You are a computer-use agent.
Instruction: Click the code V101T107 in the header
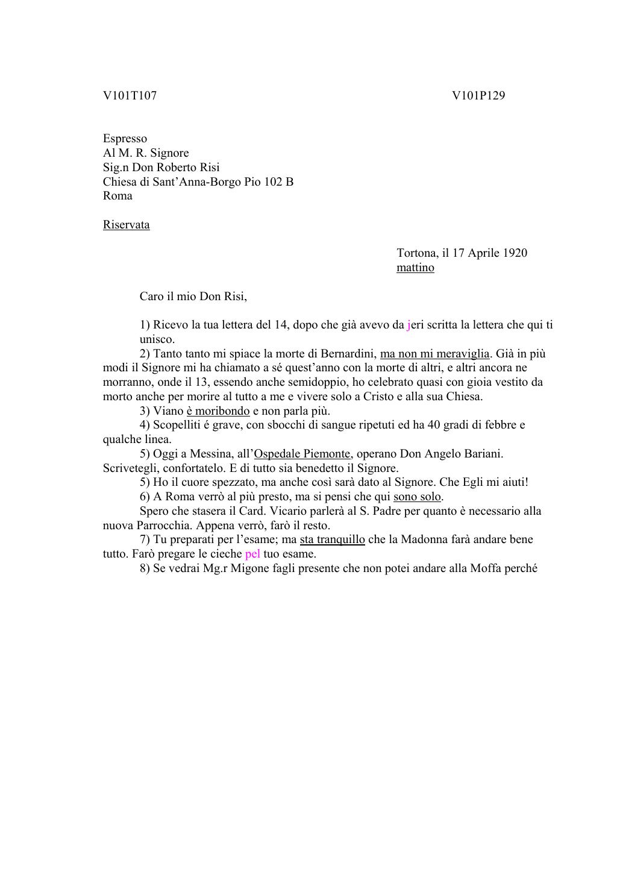[x=130, y=95]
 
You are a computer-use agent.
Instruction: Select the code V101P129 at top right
[x=478, y=95]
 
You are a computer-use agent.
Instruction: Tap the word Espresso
[x=125, y=139]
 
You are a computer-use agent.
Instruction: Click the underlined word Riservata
[x=126, y=225]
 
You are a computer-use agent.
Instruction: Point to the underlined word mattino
[x=415, y=268]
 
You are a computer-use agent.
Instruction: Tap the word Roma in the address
[x=117, y=196]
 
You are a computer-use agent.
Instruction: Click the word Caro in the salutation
[x=152, y=297]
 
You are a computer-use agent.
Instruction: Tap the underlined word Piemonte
[x=325, y=454]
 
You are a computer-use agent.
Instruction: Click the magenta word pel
[x=252, y=554]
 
